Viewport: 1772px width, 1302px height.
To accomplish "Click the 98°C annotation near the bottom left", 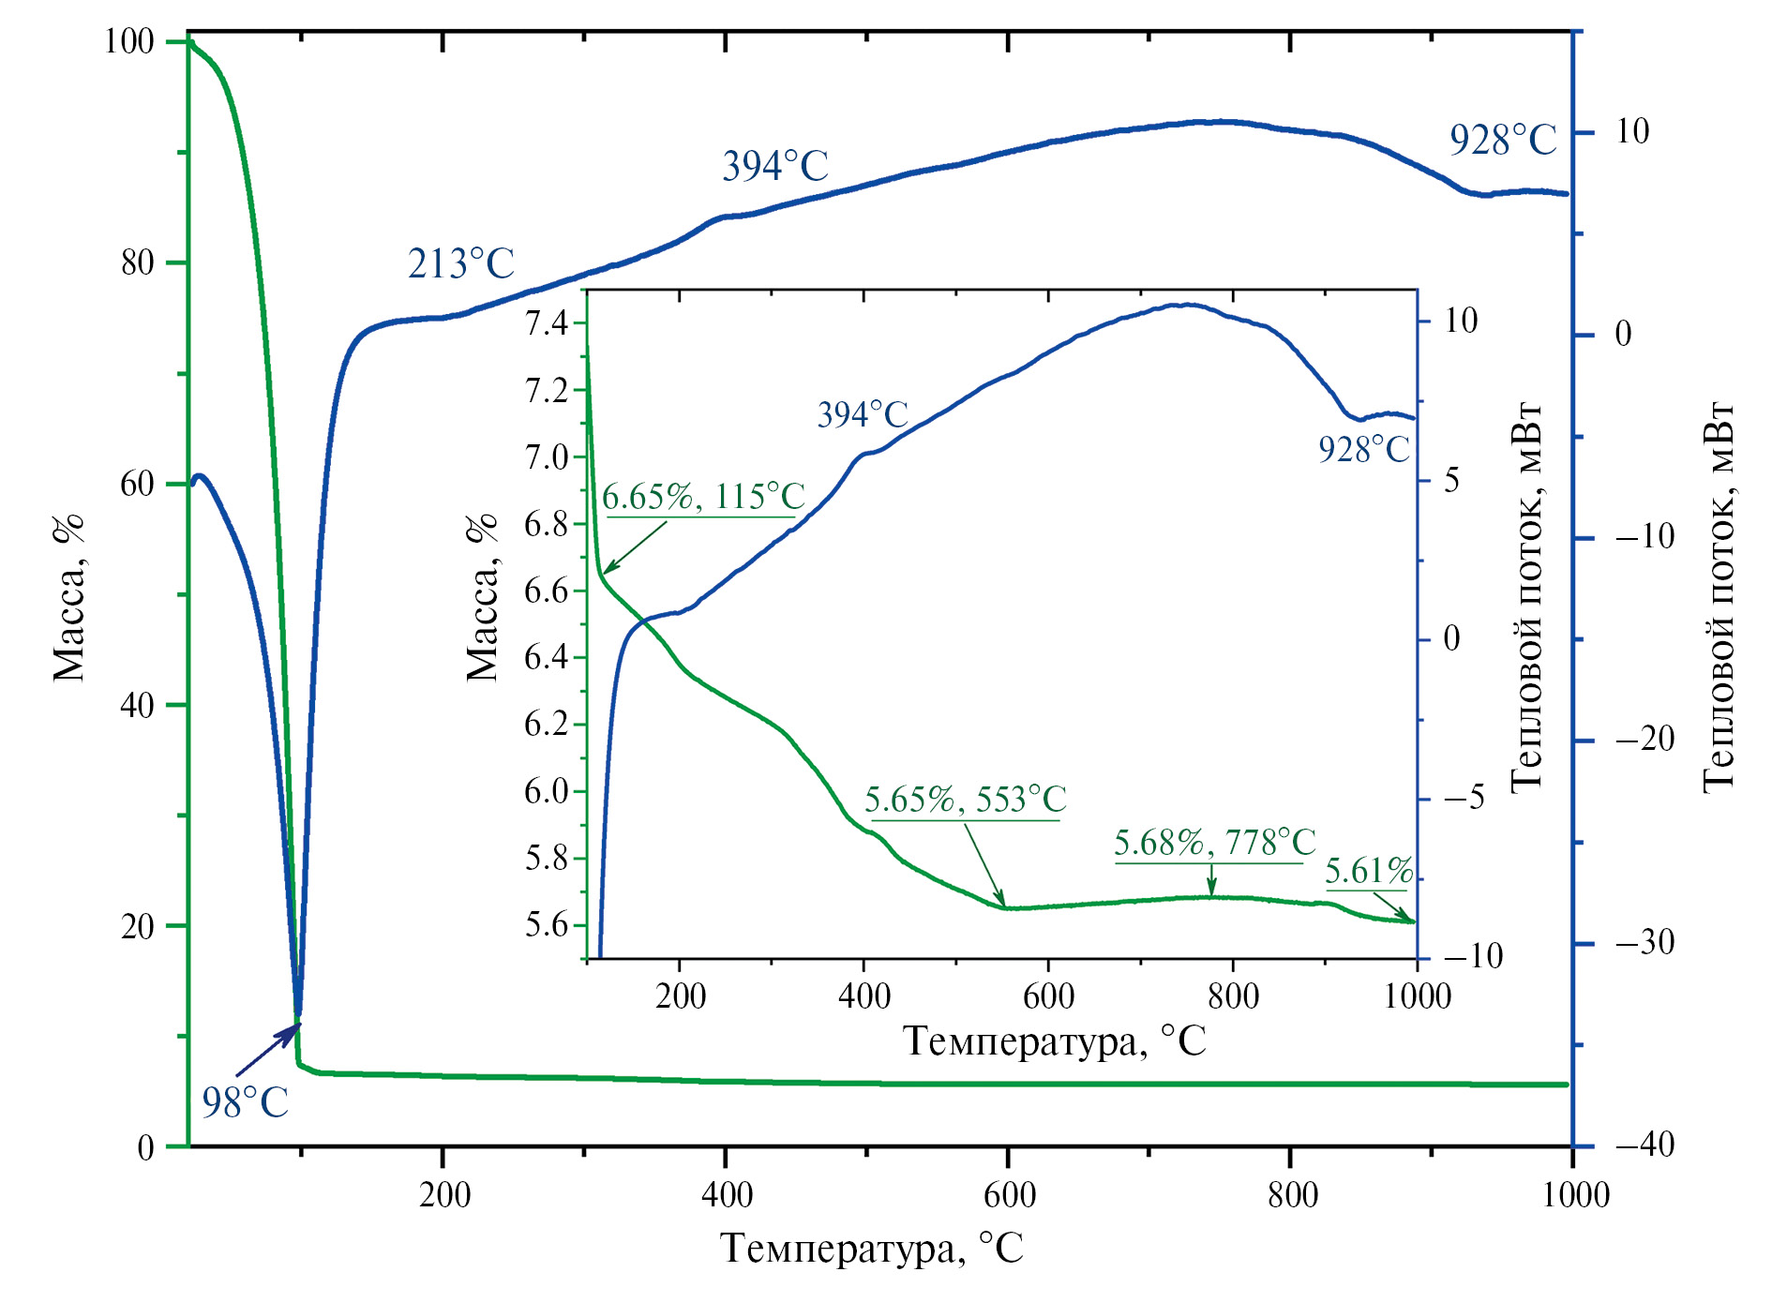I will coord(245,1102).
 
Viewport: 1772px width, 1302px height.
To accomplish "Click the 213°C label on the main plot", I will coord(461,264).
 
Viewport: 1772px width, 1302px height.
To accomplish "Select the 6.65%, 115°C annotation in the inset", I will coord(703,497).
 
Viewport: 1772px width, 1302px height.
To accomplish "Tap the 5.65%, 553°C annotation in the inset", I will coord(965,800).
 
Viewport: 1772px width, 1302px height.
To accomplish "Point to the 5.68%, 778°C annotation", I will coord(1214,843).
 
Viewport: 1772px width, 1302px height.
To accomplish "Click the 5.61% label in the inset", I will coord(1368,872).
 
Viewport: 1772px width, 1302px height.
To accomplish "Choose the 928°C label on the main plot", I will coord(1502,141).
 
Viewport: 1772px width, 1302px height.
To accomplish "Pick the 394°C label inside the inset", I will coord(863,414).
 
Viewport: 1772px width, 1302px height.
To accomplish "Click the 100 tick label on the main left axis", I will coord(128,41).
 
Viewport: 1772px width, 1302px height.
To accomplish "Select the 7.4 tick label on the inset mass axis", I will coord(547,324).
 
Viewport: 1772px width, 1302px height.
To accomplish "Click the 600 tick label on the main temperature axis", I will coord(1010,1195).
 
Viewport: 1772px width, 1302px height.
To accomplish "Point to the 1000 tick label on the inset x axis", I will coord(1417,996).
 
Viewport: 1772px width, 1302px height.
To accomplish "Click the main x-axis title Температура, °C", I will coord(871,1249).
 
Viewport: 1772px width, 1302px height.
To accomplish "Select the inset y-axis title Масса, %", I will coord(483,597).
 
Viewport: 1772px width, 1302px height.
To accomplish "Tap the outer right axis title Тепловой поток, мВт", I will coord(1718,597).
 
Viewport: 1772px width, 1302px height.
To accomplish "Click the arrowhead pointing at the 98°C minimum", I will coord(292,1032).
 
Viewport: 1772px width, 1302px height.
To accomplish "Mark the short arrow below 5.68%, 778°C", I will coord(1211,881).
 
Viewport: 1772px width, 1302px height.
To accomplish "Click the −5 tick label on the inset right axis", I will coord(1464,799).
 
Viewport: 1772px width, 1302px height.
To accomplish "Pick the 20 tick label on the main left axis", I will coord(137,926).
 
